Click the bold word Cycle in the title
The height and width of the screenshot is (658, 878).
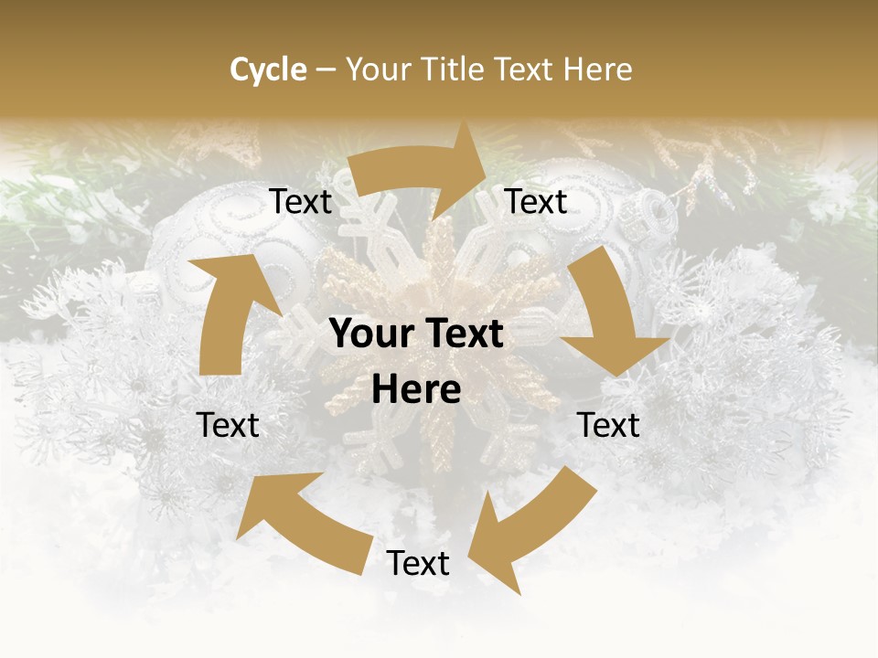click(x=268, y=69)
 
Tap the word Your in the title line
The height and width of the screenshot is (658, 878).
click(x=378, y=69)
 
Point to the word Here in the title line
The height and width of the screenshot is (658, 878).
click(x=598, y=69)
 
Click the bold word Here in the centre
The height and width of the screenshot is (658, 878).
click(x=416, y=390)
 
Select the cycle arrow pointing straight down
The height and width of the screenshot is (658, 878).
click(x=613, y=315)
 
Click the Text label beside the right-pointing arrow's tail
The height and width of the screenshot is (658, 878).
click(x=301, y=202)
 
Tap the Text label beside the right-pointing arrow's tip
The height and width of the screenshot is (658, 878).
click(x=536, y=202)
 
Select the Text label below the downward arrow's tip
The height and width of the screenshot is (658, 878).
click(x=609, y=425)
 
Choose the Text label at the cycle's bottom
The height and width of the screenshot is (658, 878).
click(x=418, y=564)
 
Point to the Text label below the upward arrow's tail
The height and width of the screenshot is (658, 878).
click(x=229, y=425)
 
